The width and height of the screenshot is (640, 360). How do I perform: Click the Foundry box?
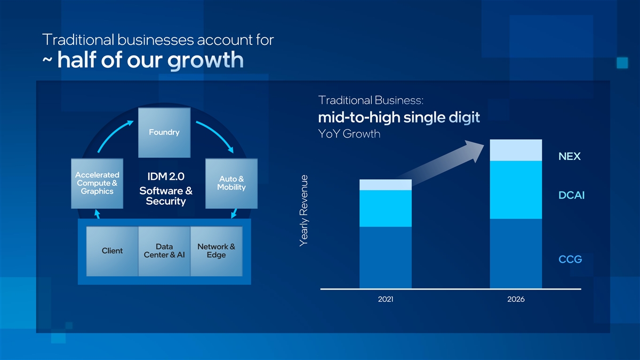(x=164, y=133)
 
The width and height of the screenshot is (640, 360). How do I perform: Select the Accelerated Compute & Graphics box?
(x=97, y=183)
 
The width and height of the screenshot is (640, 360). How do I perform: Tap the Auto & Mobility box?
(x=231, y=183)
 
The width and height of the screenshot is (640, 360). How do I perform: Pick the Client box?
(x=113, y=251)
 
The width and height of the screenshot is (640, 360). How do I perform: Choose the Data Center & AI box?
(x=164, y=251)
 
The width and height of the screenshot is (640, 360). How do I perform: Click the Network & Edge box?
(x=217, y=251)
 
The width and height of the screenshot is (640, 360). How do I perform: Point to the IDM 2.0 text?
(x=166, y=177)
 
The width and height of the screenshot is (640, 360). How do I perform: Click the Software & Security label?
(x=166, y=196)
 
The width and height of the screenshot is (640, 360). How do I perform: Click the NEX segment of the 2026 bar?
(x=516, y=150)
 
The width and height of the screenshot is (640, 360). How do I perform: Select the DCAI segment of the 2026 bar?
(x=516, y=190)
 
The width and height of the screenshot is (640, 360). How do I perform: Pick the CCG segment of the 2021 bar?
(x=386, y=258)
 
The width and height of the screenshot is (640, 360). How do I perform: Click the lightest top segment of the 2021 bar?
(x=386, y=185)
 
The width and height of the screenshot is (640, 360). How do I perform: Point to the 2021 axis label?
(x=386, y=299)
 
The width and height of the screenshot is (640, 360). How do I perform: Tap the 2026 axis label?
(x=516, y=299)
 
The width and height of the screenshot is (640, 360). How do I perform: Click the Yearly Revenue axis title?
(x=303, y=211)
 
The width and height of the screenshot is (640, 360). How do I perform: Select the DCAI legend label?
(x=571, y=195)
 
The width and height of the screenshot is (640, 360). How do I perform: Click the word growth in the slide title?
(x=205, y=61)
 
